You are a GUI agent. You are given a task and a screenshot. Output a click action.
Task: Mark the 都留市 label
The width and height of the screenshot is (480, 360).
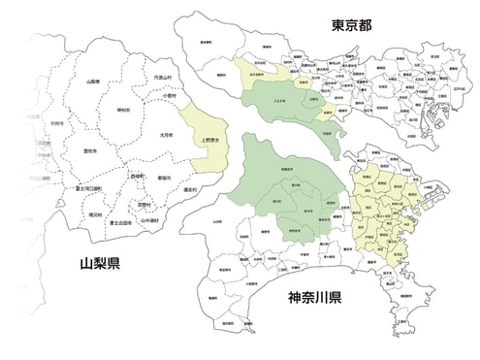click(165, 177)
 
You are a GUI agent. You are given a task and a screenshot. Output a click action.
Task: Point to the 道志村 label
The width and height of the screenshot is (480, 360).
click(189, 191)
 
